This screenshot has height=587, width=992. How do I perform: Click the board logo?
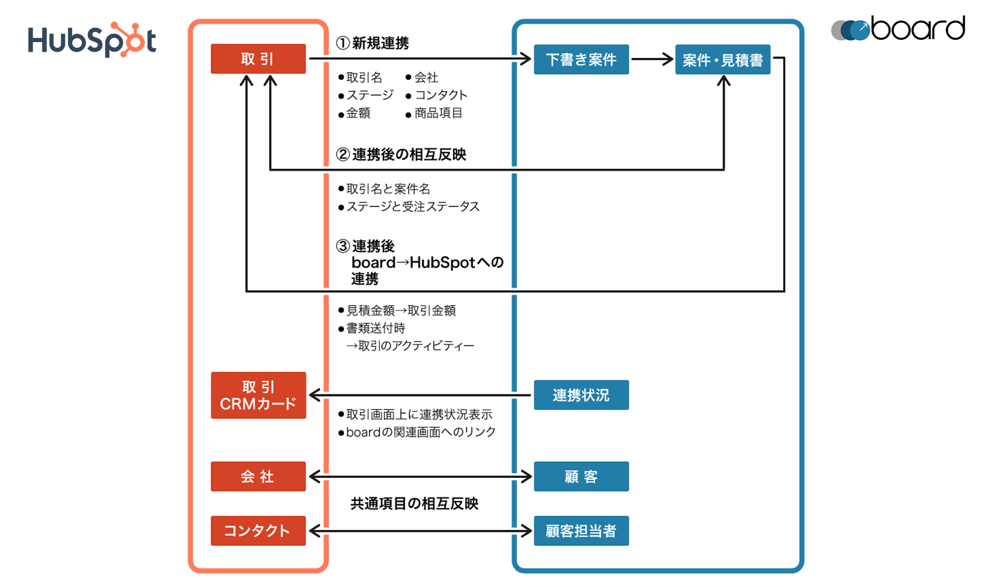898,29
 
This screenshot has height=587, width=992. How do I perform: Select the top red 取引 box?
258,59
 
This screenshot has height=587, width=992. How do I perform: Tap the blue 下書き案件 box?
581,60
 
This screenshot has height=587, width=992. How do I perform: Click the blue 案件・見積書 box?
722,60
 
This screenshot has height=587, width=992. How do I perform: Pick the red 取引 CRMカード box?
258,396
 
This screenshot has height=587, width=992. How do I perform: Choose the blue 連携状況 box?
581,395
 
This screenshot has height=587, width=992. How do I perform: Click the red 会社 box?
258,477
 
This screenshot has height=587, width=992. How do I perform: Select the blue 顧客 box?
581,477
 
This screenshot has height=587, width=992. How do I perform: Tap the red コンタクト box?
258,531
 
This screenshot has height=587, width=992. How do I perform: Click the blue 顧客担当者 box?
581,531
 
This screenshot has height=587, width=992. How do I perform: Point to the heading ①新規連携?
373,43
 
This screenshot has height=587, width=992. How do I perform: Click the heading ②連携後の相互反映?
401,155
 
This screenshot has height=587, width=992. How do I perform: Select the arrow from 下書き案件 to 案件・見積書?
651,59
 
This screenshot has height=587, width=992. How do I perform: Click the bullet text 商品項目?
438,113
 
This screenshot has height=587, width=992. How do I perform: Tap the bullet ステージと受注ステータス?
412,207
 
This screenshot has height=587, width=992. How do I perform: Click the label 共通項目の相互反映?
414,504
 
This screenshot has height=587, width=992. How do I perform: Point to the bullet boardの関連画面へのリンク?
420,432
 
